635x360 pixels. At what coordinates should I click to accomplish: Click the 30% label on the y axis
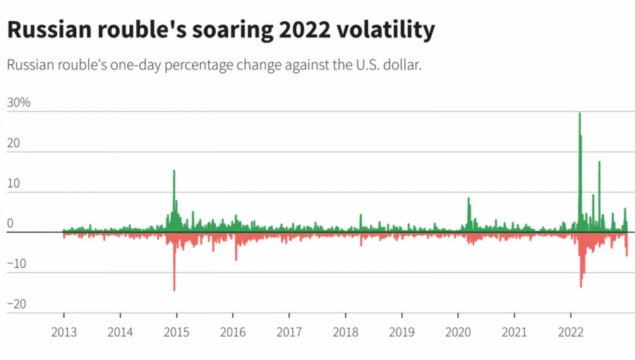click(19, 103)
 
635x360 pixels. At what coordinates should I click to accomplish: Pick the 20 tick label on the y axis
click(14, 143)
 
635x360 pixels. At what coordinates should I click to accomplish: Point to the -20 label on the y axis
click(16, 305)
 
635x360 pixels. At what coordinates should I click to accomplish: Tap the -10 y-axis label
click(16, 265)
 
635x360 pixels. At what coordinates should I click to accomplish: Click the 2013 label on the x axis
click(64, 332)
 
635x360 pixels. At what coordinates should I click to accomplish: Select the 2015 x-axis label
click(176, 332)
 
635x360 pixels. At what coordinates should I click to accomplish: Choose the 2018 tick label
click(345, 332)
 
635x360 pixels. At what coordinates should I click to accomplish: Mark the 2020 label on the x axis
click(458, 332)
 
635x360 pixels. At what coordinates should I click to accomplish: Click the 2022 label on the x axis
click(570, 332)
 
